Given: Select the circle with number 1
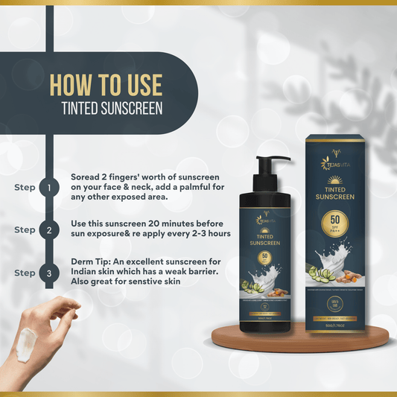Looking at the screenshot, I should pos(49,188).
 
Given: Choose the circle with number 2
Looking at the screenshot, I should pos(49,230).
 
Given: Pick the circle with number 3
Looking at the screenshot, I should pos(49,273).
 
